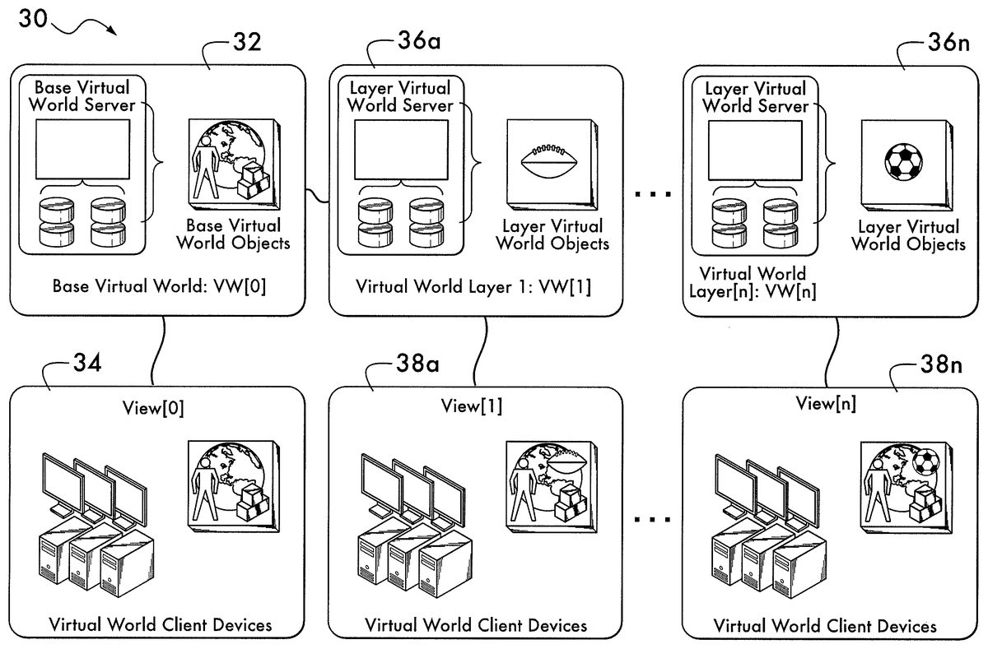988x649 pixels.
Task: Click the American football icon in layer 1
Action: (549, 160)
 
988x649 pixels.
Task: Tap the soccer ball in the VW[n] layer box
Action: (902, 162)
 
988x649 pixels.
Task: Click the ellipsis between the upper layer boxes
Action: (655, 195)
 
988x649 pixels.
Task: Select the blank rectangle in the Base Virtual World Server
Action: (82, 149)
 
